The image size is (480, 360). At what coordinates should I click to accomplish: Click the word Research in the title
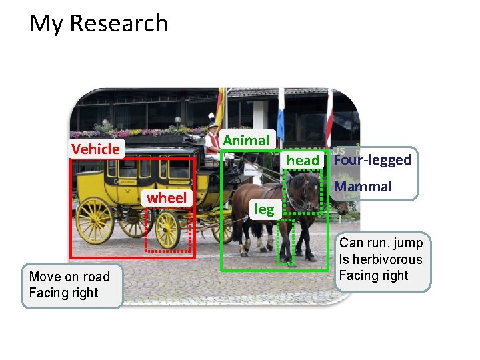(x=119, y=23)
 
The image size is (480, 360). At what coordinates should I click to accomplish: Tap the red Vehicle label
(x=95, y=149)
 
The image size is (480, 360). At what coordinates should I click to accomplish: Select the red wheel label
(x=167, y=197)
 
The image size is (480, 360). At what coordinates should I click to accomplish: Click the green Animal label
(x=246, y=140)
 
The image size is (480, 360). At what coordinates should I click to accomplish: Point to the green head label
(x=303, y=160)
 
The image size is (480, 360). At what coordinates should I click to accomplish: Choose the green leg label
(x=265, y=209)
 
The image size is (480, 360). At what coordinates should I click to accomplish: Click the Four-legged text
(x=373, y=160)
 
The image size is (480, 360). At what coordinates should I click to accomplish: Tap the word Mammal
(x=363, y=187)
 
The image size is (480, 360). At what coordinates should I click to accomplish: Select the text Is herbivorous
(x=381, y=259)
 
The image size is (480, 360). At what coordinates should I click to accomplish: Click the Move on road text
(x=69, y=277)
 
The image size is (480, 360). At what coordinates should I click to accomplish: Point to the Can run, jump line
(x=381, y=243)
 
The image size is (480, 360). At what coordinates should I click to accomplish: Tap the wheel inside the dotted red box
(x=167, y=229)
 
